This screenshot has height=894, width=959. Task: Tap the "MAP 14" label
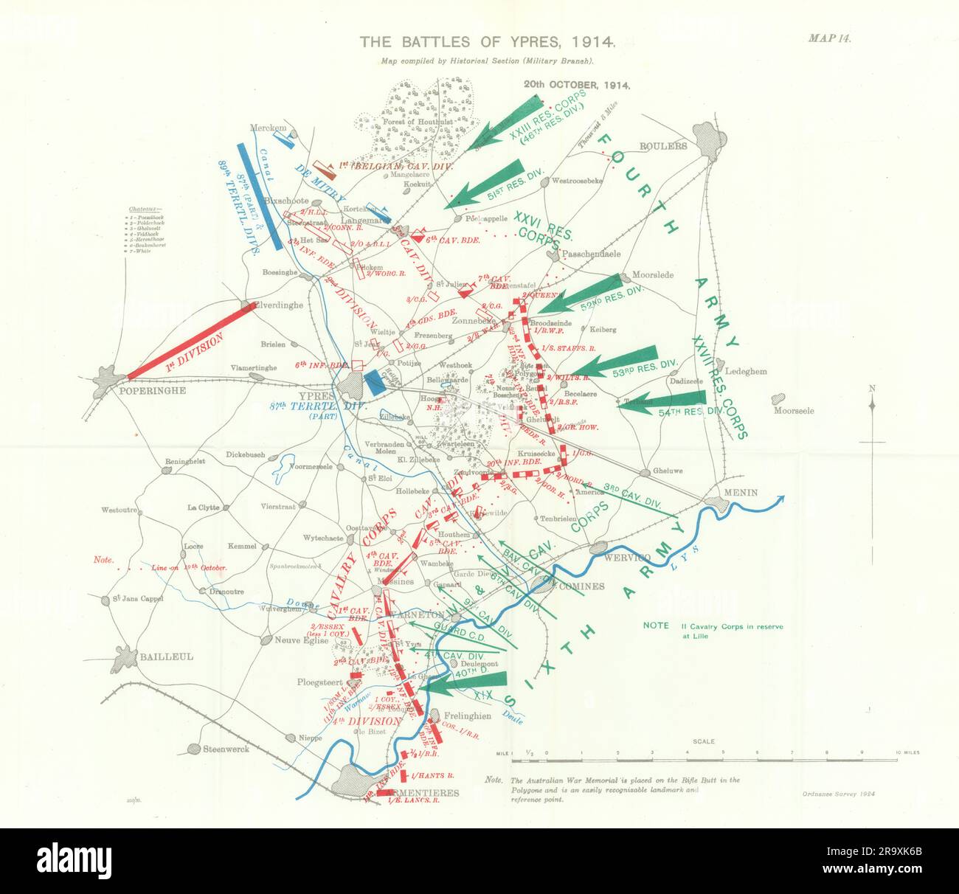(829, 40)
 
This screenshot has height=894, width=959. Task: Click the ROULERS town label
(663, 146)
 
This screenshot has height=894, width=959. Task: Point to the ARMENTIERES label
(414, 793)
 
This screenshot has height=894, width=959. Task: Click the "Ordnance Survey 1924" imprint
(835, 794)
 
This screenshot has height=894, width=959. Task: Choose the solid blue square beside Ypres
(375, 382)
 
